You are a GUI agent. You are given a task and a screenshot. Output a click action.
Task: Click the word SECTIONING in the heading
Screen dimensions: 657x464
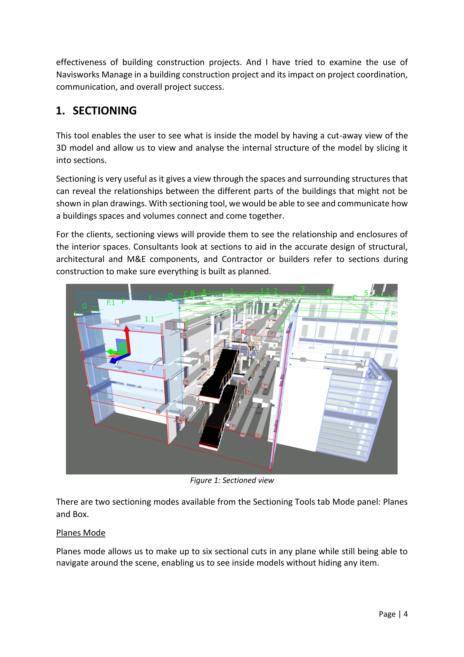[x=105, y=111]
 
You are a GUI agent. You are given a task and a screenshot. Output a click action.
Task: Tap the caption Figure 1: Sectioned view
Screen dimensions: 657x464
[x=232, y=480]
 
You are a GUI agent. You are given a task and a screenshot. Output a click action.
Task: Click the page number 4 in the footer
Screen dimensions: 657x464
[x=405, y=614]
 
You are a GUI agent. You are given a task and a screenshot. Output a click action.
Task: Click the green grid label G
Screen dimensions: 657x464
[x=84, y=306]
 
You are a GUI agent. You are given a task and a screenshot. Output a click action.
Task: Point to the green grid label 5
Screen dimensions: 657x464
[x=366, y=293]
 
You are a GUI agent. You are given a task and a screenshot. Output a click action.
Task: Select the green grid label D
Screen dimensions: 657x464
[x=171, y=296]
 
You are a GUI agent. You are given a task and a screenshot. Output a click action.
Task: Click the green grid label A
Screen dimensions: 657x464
[x=204, y=292]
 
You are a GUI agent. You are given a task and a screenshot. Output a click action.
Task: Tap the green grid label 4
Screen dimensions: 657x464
[x=328, y=291]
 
